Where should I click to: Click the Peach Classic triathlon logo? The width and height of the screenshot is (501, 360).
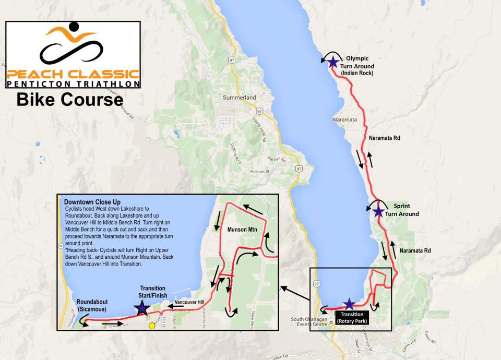coord(73,54)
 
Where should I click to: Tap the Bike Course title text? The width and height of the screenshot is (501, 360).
coord(69,99)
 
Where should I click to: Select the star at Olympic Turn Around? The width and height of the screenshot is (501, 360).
coord(332,62)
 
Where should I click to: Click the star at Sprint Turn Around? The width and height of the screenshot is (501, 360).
coord(378,211)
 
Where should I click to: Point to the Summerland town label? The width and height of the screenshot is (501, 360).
coord(240,98)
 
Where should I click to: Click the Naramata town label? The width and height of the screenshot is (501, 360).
coord(344,119)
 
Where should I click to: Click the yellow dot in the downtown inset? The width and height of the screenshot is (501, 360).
coord(152,326)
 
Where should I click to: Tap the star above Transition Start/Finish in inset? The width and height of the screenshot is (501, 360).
coord(142,308)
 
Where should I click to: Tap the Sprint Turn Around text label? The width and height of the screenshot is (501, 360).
coord(406,210)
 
